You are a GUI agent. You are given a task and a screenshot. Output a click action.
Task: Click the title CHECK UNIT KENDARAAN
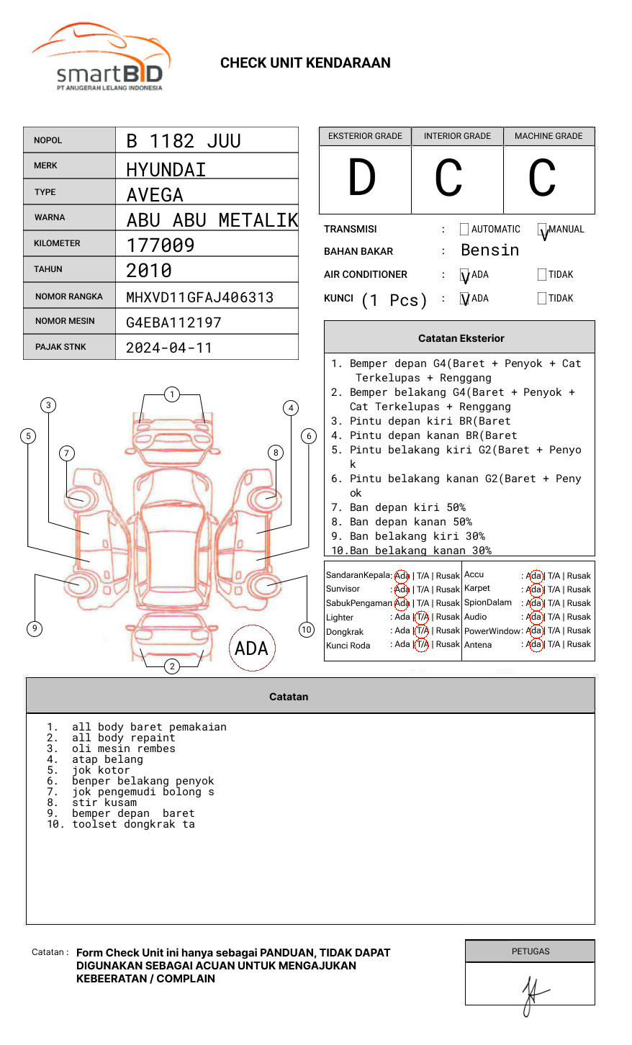pos(305,63)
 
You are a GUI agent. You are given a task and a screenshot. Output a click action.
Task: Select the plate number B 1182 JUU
pos(184,141)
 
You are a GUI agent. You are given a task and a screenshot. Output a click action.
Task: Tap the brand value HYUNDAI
pos(166,170)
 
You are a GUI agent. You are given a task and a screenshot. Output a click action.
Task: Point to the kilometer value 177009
pos(161,245)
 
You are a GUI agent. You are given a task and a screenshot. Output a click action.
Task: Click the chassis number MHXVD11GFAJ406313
pos(199,297)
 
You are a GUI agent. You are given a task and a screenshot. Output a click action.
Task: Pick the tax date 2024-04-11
pos(169,348)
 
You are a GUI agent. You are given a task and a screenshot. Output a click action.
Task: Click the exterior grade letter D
pos(362,178)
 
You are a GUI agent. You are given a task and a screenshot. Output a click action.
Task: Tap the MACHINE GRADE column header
pos(549,136)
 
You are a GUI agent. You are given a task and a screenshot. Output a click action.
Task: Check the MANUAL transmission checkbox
pos(542,230)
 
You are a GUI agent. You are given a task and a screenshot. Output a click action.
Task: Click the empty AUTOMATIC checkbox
pos(464,230)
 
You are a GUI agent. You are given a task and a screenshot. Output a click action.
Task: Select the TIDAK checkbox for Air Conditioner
pos(542,275)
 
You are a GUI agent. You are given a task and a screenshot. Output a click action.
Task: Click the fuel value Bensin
pos(489,250)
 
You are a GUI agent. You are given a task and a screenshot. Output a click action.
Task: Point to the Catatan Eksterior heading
pos(461,338)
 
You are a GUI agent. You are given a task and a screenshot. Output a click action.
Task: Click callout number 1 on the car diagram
pos(171,394)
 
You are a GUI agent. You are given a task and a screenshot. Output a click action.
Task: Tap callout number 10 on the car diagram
pos(307,630)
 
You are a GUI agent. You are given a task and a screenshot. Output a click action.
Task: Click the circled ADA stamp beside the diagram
pos(251,648)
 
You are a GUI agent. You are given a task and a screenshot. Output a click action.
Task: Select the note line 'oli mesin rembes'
pos(123,748)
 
